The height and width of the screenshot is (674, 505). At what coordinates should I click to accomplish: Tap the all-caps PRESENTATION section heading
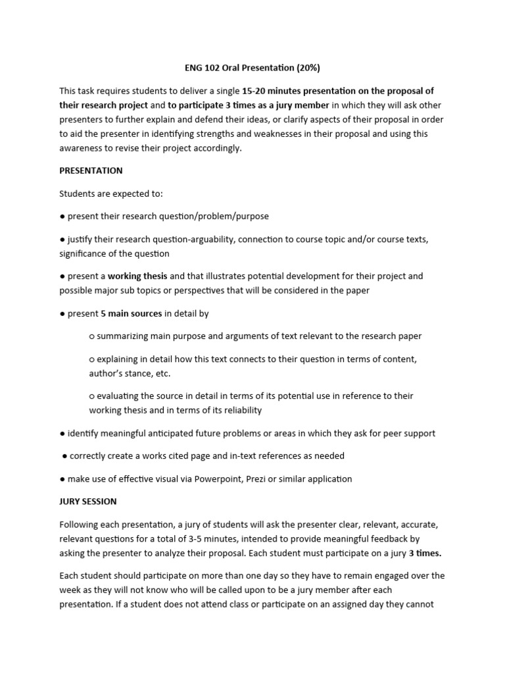(x=91, y=170)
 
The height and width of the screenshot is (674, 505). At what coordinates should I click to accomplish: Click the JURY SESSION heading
(x=88, y=501)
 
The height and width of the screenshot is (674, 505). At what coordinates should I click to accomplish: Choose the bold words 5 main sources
(x=132, y=313)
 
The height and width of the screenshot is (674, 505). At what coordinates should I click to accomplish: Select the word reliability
(x=239, y=410)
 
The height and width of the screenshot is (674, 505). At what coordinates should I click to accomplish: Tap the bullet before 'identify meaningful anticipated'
(x=62, y=433)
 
